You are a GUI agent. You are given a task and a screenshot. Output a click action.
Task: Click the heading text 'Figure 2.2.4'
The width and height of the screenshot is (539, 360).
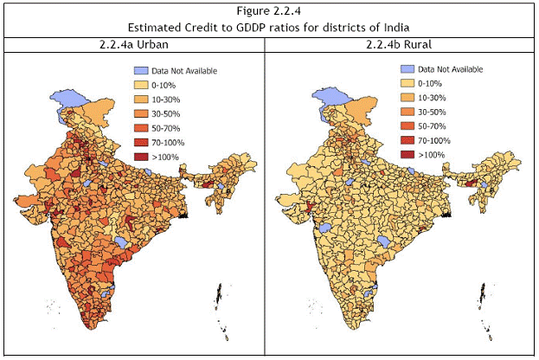[269, 10]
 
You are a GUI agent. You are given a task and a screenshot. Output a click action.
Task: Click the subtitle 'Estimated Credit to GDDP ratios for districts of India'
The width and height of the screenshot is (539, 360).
[269, 27]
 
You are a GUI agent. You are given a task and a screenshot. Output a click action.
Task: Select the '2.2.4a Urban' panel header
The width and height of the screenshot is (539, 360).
[134, 44]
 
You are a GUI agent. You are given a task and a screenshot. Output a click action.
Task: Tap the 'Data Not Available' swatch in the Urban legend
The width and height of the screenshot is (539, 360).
[141, 70]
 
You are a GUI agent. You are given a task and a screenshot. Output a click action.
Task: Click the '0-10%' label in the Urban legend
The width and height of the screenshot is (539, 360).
[168, 85]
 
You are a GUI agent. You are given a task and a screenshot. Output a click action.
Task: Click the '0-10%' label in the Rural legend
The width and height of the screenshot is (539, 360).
[433, 84]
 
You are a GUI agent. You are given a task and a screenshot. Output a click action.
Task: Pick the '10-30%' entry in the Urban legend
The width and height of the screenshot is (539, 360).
[170, 100]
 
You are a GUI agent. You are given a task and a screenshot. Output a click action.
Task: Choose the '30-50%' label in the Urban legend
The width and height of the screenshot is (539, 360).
[170, 113]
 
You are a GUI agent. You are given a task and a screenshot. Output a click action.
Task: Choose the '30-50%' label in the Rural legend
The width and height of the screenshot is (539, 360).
[436, 112]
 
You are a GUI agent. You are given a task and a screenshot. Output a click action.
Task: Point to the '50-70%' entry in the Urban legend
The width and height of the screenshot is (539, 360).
[170, 127]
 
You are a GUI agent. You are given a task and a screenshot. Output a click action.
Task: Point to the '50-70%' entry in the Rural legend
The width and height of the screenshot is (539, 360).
[436, 126]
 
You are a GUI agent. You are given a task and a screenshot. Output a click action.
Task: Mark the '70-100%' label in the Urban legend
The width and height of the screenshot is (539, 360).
[173, 142]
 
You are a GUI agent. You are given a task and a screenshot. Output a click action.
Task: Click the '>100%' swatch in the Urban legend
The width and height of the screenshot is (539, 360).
[141, 156]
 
